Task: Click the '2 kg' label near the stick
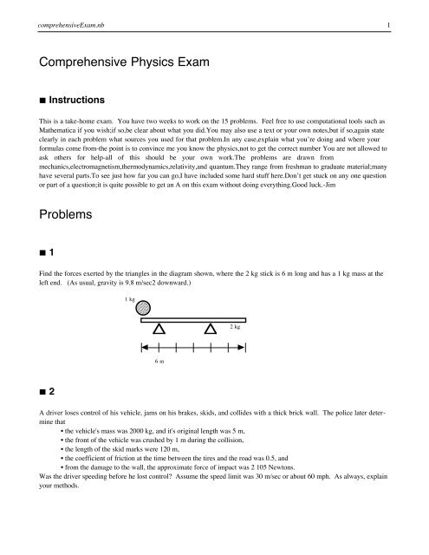235,327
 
